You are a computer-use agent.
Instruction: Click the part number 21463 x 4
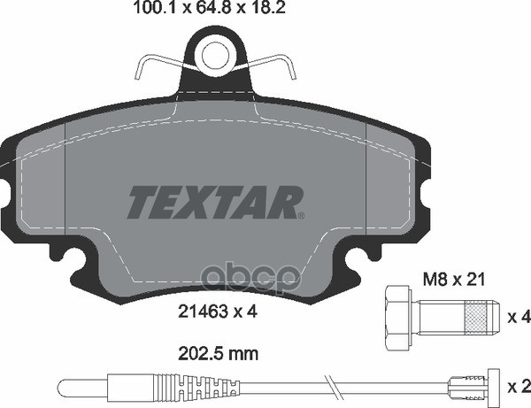216,310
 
